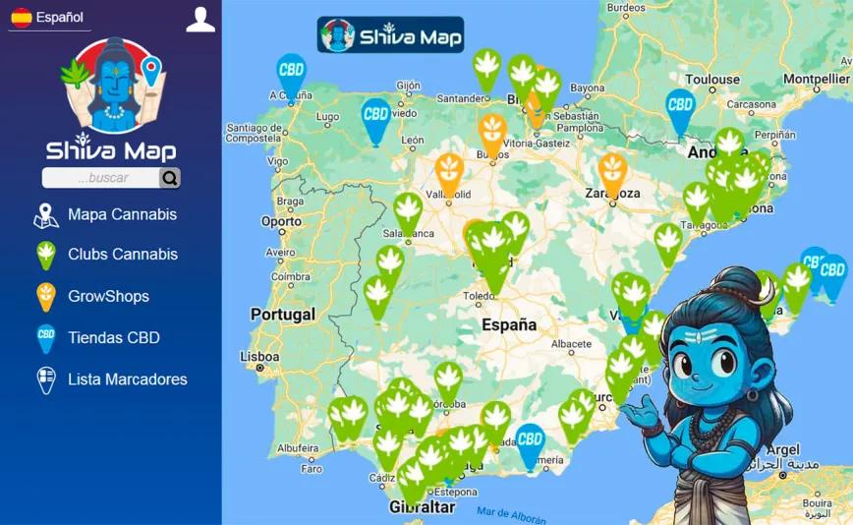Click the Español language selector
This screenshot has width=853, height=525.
48,18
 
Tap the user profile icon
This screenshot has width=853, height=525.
200,20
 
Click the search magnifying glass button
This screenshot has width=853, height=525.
170,178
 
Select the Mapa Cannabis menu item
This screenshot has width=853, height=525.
122,214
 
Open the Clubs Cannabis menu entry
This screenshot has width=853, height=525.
122,255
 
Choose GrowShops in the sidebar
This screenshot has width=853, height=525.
108,296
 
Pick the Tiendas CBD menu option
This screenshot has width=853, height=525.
113,337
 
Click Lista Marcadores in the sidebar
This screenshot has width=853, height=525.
127,379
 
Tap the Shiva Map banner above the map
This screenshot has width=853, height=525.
390,35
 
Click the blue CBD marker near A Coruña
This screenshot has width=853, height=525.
291,72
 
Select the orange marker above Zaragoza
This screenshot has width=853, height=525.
612,170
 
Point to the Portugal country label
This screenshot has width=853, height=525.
283,315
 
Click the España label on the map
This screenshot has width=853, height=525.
509,324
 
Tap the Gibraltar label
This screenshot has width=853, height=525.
423,507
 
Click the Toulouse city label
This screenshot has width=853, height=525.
712,80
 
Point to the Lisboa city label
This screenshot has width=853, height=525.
260,357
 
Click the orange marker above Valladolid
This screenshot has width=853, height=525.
449,169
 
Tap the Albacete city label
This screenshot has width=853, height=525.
571,344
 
